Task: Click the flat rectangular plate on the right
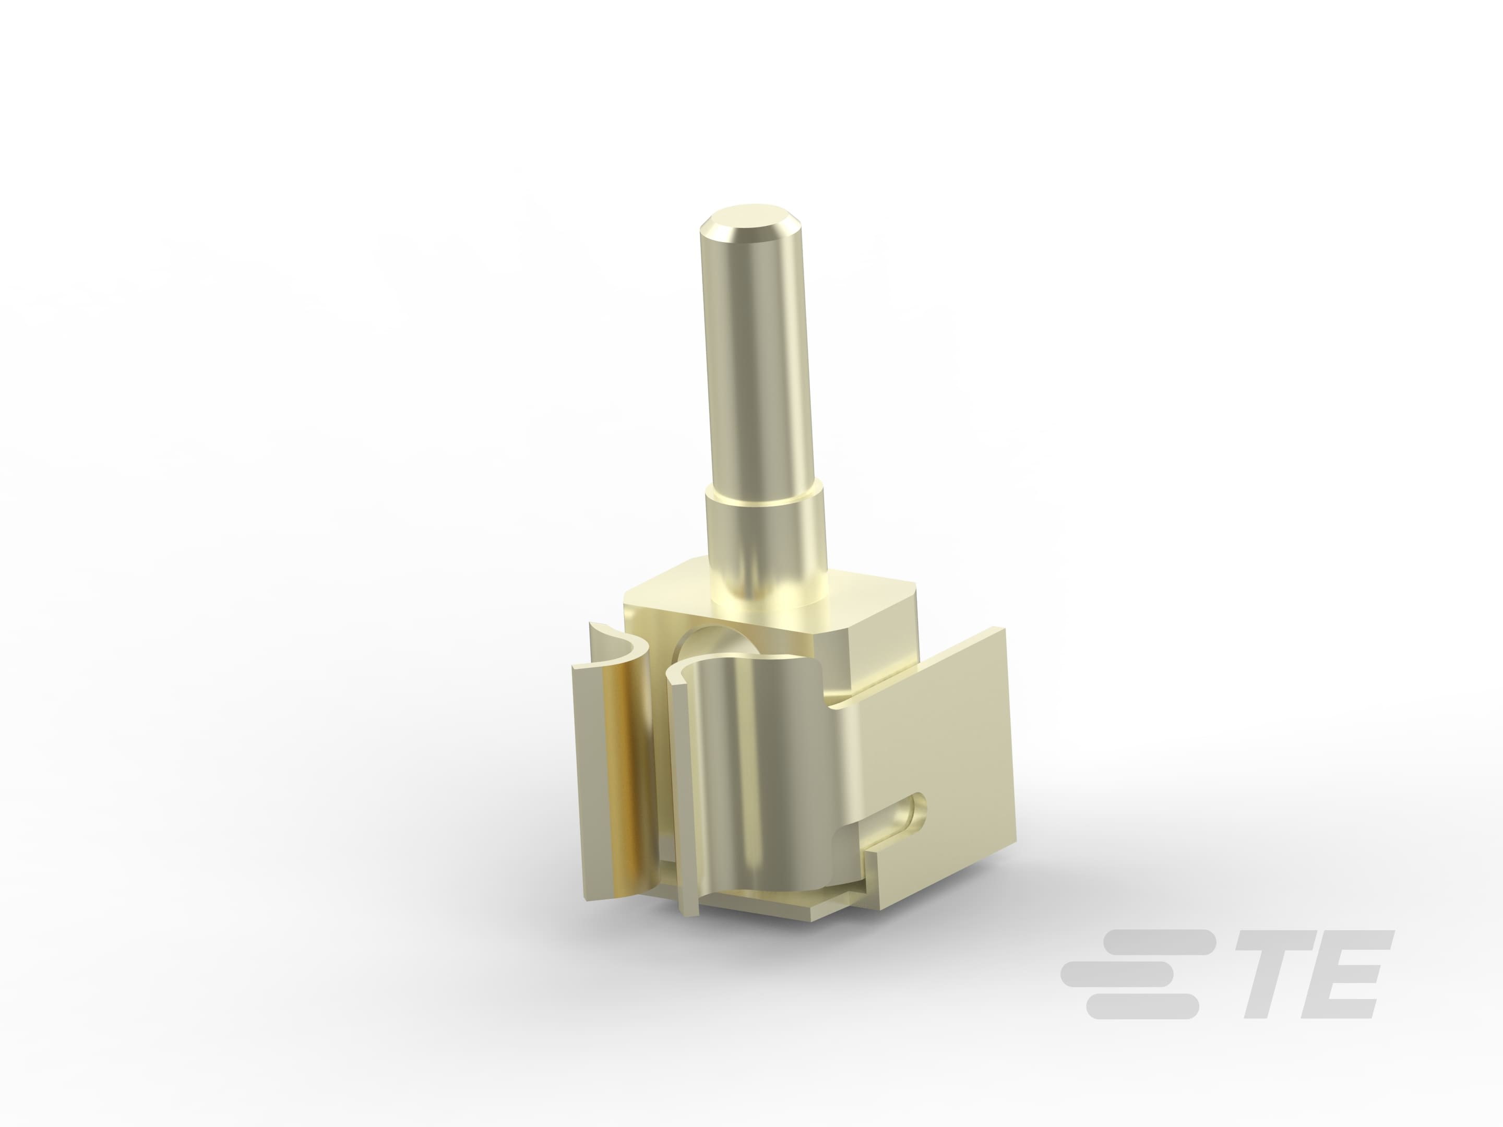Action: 945,734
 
